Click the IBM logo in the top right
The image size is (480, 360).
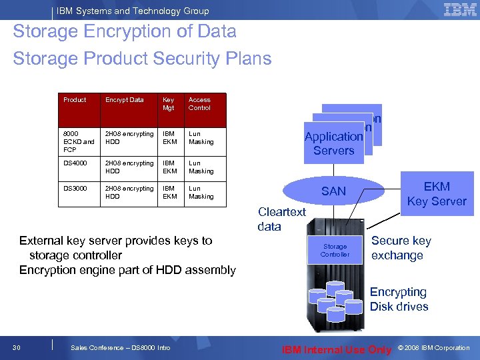459,9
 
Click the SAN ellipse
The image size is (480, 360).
333,191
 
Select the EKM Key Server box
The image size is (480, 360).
437,194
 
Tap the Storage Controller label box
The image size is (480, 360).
335,250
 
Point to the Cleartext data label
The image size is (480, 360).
281,219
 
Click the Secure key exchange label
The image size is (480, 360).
401,248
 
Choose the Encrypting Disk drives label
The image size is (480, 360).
399,299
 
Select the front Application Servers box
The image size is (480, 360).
333,143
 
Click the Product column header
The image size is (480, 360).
75,100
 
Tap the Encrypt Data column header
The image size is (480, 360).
125,100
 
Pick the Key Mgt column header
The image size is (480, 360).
169,103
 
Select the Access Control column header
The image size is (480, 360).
199,103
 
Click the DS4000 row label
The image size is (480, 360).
75,163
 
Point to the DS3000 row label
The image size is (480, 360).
75,189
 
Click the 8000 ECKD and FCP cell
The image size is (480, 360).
79,141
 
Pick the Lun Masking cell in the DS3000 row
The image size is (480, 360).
201,192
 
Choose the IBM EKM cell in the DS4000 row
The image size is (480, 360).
170,167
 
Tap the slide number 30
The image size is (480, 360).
17,347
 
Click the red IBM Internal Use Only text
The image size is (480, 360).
337,349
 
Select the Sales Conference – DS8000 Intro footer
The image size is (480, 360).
120,348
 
